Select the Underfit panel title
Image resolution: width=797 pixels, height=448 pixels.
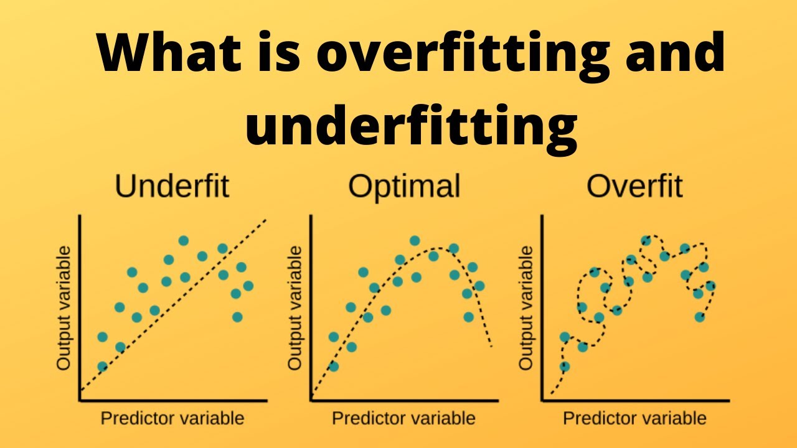pyautogui.click(x=172, y=186)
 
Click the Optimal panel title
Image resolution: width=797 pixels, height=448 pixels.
pyautogui.click(x=404, y=186)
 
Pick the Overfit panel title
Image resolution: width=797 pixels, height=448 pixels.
pyautogui.click(x=635, y=186)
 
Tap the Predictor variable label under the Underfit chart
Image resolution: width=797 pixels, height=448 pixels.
pyautogui.click(x=172, y=418)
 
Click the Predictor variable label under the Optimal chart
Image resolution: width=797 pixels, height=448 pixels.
pyautogui.click(x=403, y=418)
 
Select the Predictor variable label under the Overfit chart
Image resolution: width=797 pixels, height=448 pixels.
pyautogui.click(x=635, y=418)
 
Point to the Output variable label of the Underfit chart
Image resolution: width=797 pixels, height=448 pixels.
pyautogui.click(x=64, y=307)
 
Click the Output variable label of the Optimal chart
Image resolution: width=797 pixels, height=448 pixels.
pyautogui.click(x=295, y=307)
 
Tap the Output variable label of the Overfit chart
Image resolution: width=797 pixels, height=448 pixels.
pyautogui.click(x=527, y=307)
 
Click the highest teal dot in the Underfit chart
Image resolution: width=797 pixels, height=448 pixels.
pyautogui.click(x=184, y=240)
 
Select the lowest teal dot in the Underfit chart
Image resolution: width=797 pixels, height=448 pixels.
pyautogui.click(x=102, y=366)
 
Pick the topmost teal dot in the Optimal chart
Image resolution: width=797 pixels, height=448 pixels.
pyautogui.click(x=415, y=240)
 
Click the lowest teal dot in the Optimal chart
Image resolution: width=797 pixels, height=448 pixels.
pyautogui.click(x=333, y=366)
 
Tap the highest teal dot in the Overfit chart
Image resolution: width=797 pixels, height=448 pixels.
pyautogui.click(x=646, y=240)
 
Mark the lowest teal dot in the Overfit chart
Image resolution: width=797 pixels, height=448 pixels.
pyautogui.click(x=565, y=366)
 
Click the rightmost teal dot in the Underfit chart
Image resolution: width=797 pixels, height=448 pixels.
pyautogui.click(x=248, y=286)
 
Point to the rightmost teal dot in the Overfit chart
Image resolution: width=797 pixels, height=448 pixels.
pyautogui.click(x=711, y=286)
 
